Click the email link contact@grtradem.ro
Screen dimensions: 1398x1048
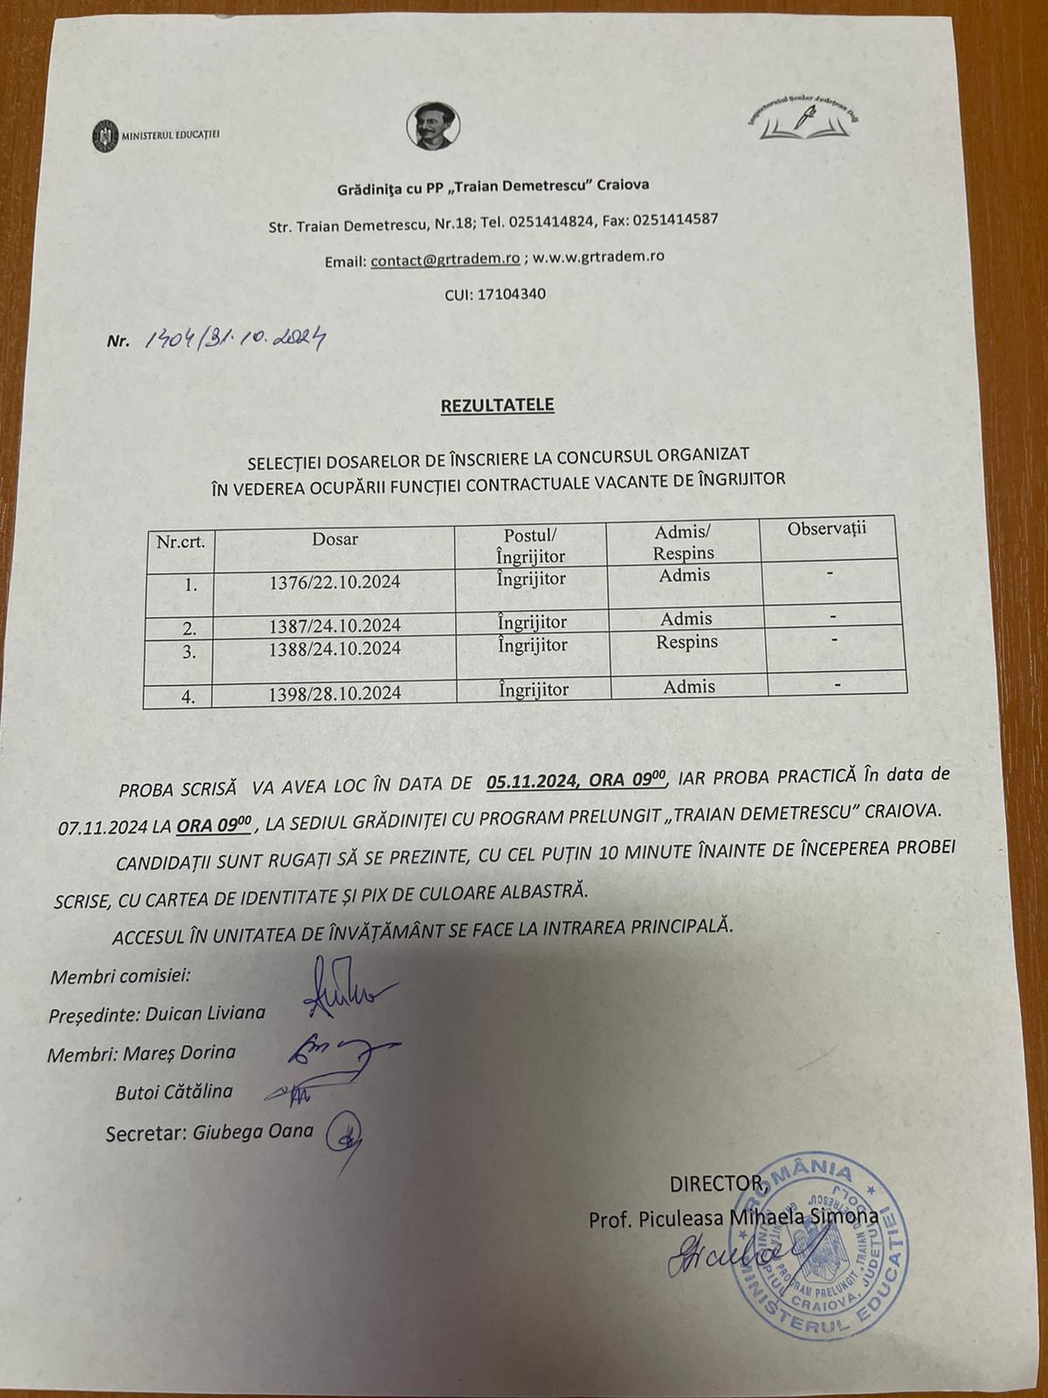pyautogui.click(x=445, y=260)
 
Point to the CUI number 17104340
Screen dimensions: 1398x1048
pyautogui.click(x=511, y=294)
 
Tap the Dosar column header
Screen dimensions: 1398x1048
pyautogui.click(x=334, y=540)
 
